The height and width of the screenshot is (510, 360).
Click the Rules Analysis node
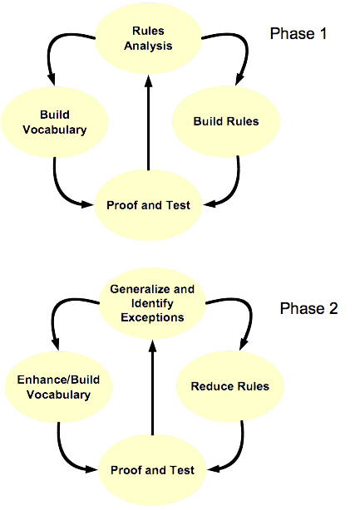coord(148,38)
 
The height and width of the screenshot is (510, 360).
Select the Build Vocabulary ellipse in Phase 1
coord(55,122)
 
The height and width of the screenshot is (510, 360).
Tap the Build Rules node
coord(226,121)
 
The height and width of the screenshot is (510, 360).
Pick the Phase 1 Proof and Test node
coord(149,205)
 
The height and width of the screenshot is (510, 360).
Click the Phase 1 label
coord(298,33)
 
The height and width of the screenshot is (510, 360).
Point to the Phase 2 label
coord(309,308)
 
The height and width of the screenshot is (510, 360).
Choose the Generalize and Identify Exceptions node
coord(152,303)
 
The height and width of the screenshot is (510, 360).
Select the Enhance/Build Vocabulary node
coord(58,387)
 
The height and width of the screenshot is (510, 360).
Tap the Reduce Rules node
coord(230,386)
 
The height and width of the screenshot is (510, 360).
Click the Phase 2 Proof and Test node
coord(152,470)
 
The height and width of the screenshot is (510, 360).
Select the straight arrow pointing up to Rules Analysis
coord(149,123)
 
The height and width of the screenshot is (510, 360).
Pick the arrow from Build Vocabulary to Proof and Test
coord(61,192)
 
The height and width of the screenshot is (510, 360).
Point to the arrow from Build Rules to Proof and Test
coord(233,192)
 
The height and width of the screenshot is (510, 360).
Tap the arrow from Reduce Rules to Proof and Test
coord(237,457)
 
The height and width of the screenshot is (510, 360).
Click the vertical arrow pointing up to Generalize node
coord(152,388)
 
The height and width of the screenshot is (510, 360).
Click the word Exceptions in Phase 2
coord(152,317)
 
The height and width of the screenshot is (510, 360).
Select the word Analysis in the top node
coord(148,46)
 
